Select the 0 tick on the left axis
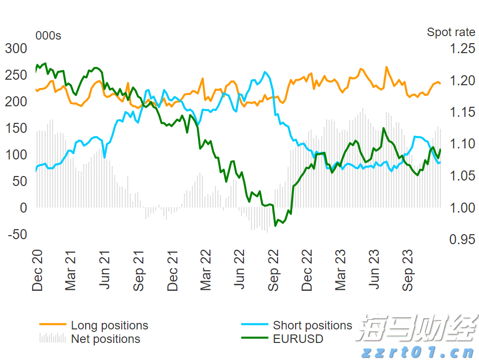point(23,208)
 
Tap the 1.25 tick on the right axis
point(462,49)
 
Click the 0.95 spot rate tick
point(462,240)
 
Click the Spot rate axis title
point(451,32)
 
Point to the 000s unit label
point(48,36)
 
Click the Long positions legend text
point(109,326)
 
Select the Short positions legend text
point(312,326)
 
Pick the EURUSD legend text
point(298,339)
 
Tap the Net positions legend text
point(105,339)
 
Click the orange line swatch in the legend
point(53,325)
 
